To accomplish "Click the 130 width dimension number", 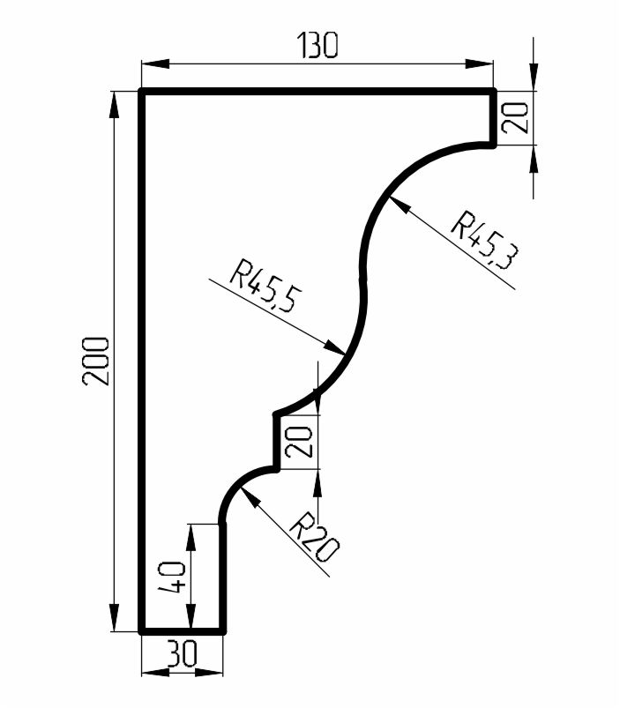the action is (317, 45).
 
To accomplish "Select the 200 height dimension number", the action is (96, 361).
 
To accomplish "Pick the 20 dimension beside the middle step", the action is (298, 442).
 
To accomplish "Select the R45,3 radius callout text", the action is (485, 239).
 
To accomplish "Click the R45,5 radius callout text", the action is (265, 286).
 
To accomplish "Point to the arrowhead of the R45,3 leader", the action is (400, 205).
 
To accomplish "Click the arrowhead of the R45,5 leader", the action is (334, 347).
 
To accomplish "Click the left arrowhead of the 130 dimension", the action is (155, 64).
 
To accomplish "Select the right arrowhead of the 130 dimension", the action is (479, 64).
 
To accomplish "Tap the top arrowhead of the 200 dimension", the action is (115, 105).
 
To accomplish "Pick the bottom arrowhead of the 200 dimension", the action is (115, 617).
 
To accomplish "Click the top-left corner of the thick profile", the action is (141, 92).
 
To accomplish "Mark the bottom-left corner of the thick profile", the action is (141, 630).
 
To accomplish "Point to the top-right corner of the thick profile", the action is (494, 92).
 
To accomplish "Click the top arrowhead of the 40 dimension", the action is (191, 537).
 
